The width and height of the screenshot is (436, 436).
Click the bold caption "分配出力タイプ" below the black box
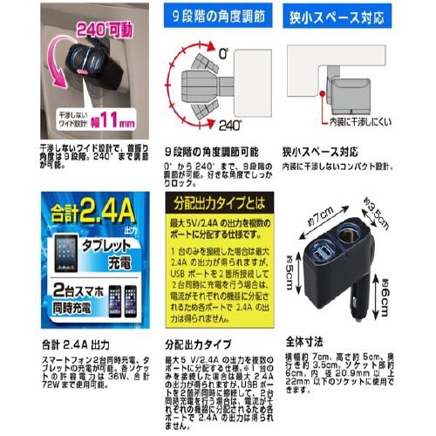199,343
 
